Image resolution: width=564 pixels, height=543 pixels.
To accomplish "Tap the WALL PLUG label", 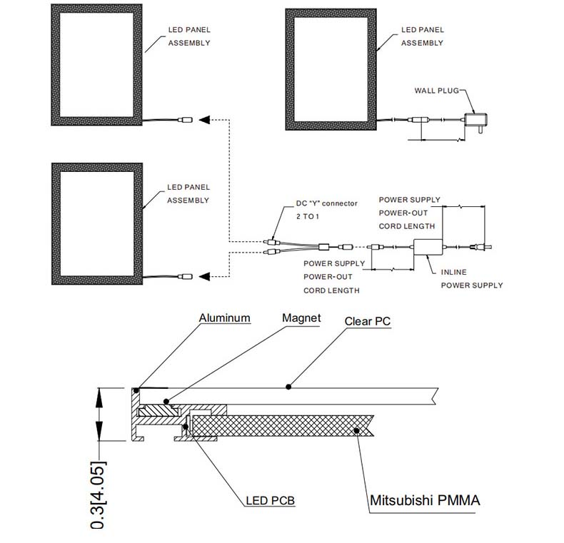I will pos(435,91).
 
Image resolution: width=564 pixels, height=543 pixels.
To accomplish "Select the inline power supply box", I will pos(429,247).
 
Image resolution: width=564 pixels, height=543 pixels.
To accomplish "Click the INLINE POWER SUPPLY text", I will pos(471,279).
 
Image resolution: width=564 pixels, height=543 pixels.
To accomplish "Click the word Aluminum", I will pos(224,318).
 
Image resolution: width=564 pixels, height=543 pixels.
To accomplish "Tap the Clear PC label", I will pos(368,321).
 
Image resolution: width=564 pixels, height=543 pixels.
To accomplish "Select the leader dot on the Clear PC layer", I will pos(288,387).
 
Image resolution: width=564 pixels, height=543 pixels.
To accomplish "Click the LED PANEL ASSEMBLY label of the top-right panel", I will pos(422,36).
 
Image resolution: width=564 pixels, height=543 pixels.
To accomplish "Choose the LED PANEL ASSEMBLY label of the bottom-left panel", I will pos(188,193).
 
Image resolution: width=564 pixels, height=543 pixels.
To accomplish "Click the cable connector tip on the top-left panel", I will pos(186,121).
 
